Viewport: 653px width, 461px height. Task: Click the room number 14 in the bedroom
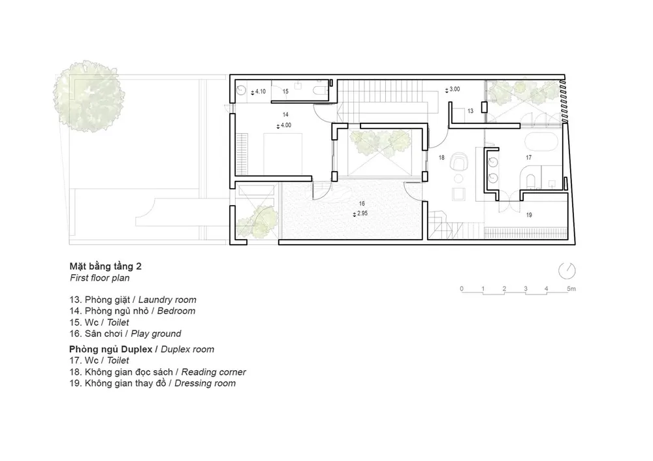[x=285, y=114]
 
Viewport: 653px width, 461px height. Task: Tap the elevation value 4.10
[x=261, y=91]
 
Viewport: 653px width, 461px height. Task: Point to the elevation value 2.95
[x=362, y=214]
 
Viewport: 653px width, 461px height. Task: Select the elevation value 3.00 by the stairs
[x=454, y=89]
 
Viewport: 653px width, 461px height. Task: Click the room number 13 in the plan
[x=470, y=111]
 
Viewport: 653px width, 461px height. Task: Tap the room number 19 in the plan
[x=529, y=215]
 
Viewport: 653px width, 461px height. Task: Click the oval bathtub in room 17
[x=541, y=142]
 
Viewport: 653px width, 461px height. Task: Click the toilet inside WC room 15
[x=320, y=91]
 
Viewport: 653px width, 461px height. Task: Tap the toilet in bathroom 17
[x=531, y=182]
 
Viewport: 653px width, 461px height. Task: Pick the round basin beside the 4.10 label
[x=241, y=90]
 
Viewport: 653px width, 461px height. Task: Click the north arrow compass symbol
[x=567, y=271]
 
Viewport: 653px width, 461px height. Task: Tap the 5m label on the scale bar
[x=571, y=289]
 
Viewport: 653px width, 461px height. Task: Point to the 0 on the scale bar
[x=462, y=289]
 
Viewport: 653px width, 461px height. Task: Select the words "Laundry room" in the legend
[x=167, y=300]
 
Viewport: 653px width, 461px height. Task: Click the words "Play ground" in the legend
[x=156, y=334]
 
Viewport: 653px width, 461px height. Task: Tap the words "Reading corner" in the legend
[x=214, y=372]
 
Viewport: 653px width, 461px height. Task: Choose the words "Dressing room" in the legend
[x=205, y=383]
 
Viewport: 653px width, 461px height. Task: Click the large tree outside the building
[x=89, y=96]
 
